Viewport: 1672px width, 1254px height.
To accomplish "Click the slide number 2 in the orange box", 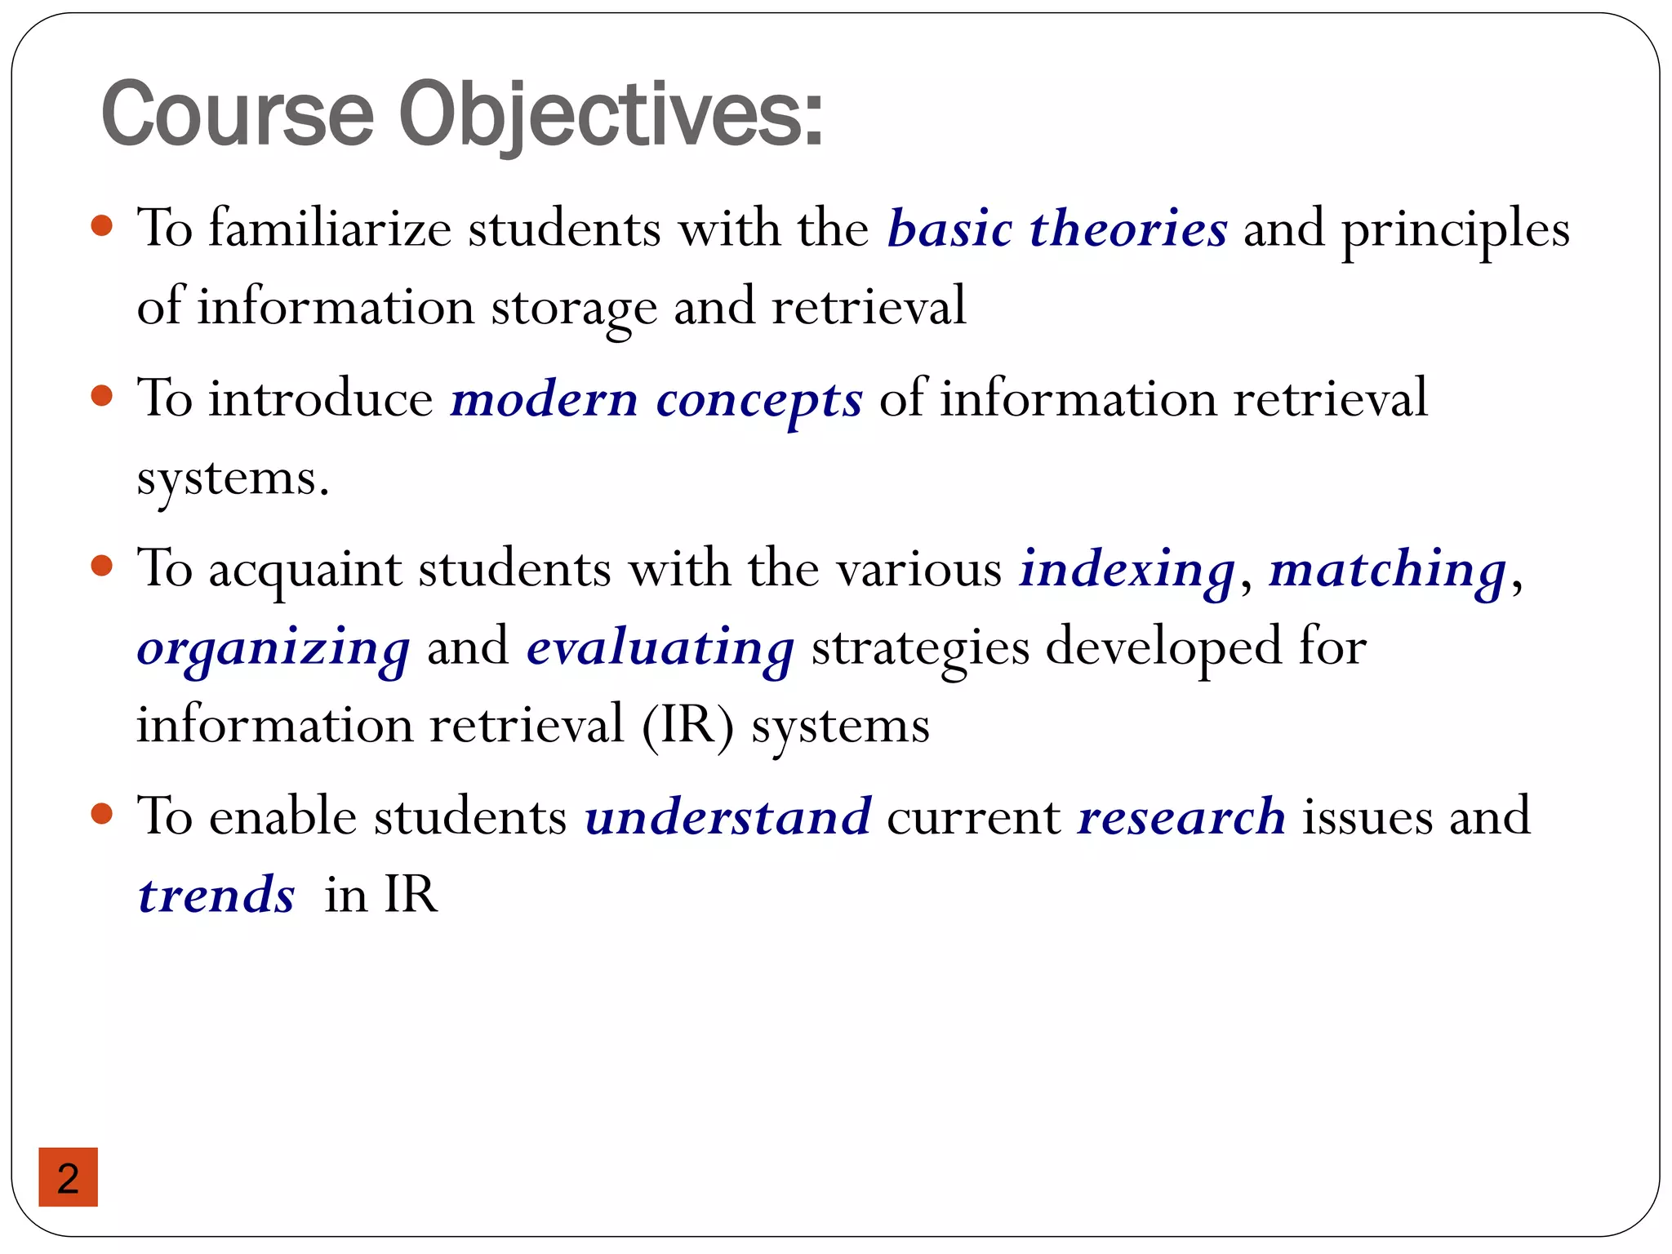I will (x=69, y=1178).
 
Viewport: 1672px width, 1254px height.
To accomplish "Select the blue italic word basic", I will (x=949, y=228).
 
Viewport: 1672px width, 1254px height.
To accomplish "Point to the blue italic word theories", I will (x=1128, y=228).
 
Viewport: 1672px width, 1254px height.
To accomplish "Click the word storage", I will (x=573, y=308).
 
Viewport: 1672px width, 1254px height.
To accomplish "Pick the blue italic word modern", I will (x=544, y=399).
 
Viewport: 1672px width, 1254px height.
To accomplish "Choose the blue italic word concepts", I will (x=758, y=401).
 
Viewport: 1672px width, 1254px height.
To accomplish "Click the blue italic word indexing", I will (x=1127, y=569).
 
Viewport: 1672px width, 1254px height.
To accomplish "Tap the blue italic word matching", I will (x=1387, y=569).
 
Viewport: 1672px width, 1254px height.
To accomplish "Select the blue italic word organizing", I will (x=273, y=648).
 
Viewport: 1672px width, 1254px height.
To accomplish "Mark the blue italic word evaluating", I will (x=660, y=648).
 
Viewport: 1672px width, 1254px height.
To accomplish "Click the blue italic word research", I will (x=1181, y=816).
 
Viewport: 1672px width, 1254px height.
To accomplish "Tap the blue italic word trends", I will (x=216, y=895).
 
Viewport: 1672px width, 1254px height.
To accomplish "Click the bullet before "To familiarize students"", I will (x=101, y=225).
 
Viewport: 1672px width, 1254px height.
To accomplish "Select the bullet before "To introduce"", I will (x=101, y=397).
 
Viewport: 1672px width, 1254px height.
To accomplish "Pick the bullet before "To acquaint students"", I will (x=101, y=566).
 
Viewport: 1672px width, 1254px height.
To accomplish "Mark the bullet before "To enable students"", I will (x=101, y=813).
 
